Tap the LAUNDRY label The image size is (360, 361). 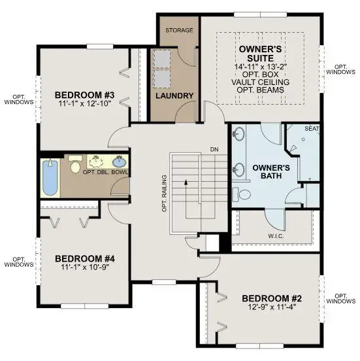[174, 96]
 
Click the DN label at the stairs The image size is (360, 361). [214, 149]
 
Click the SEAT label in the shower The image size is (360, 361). [312, 129]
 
